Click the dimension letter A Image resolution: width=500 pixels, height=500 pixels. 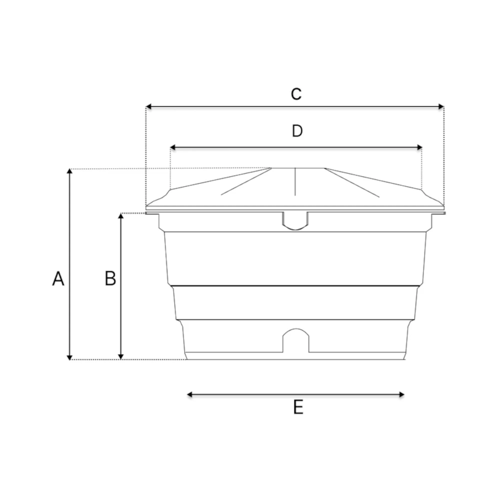pos(58,279)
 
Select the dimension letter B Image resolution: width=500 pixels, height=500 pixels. pos(111,278)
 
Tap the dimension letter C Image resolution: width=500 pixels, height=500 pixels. pos(296,94)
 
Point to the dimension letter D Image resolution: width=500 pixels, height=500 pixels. pos(297,131)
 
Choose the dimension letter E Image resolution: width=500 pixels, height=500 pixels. pos(298,407)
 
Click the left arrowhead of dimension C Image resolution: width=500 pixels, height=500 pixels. pos(148,106)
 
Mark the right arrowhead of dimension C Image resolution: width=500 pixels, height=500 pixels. pos(441,106)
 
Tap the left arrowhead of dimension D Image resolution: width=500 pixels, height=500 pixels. pos(173,147)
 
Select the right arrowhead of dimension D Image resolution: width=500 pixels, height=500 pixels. pos(419,147)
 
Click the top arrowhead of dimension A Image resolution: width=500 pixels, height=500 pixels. pos(69,171)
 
